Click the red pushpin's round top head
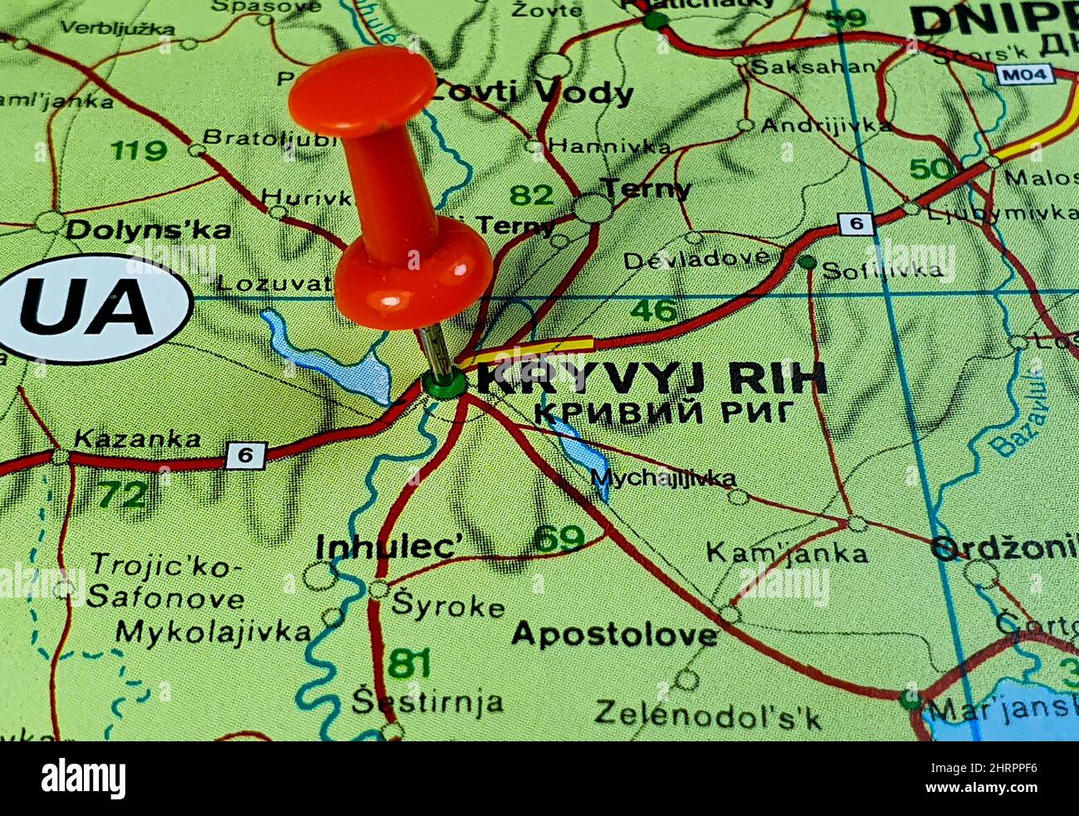pyautogui.click(x=362, y=90)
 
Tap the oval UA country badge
pyautogui.click(x=96, y=308)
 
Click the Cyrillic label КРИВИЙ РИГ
pyautogui.click(x=664, y=413)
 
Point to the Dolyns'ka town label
pyautogui.click(x=149, y=230)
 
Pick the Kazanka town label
pyautogui.click(x=137, y=438)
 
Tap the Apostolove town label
pyautogui.click(x=614, y=635)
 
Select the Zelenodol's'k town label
pyautogui.click(x=707, y=713)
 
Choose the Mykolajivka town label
pyautogui.click(x=213, y=633)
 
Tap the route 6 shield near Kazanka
pyautogui.click(x=245, y=455)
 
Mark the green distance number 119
pyautogui.click(x=138, y=150)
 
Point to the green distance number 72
pyautogui.click(x=123, y=495)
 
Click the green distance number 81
pyautogui.click(x=410, y=662)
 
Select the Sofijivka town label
pyautogui.click(x=881, y=269)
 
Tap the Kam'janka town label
pyautogui.click(x=787, y=552)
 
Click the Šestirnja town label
pyautogui.click(x=427, y=702)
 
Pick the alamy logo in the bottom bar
pyautogui.click(x=83, y=779)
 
